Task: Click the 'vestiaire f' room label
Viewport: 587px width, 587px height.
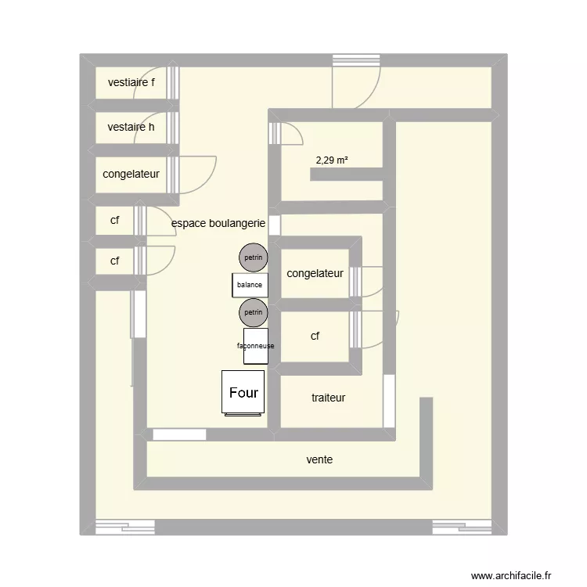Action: click(131, 82)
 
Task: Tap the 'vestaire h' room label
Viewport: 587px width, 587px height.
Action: click(131, 127)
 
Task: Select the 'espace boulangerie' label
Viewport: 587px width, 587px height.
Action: click(218, 224)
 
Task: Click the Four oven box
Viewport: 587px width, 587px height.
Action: click(243, 393)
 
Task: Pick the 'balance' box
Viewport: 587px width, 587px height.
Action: click(250, 285)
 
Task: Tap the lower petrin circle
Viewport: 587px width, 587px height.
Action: click(253, 312)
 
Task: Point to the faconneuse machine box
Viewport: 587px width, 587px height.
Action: click(255, 345)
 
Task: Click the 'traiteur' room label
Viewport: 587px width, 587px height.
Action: click(328, 398)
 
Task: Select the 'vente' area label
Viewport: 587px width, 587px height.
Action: click(319, 459)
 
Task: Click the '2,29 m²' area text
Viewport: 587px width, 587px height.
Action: click(332, 160)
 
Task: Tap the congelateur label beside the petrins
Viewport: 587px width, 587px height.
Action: click(315, 273)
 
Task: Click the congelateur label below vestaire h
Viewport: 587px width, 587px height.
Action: click(131, 174)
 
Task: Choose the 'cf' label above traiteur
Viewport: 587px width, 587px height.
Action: click(315, 336)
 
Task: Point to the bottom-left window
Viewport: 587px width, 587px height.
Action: click(125, 528)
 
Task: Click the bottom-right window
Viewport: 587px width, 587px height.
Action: click(462, 528)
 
